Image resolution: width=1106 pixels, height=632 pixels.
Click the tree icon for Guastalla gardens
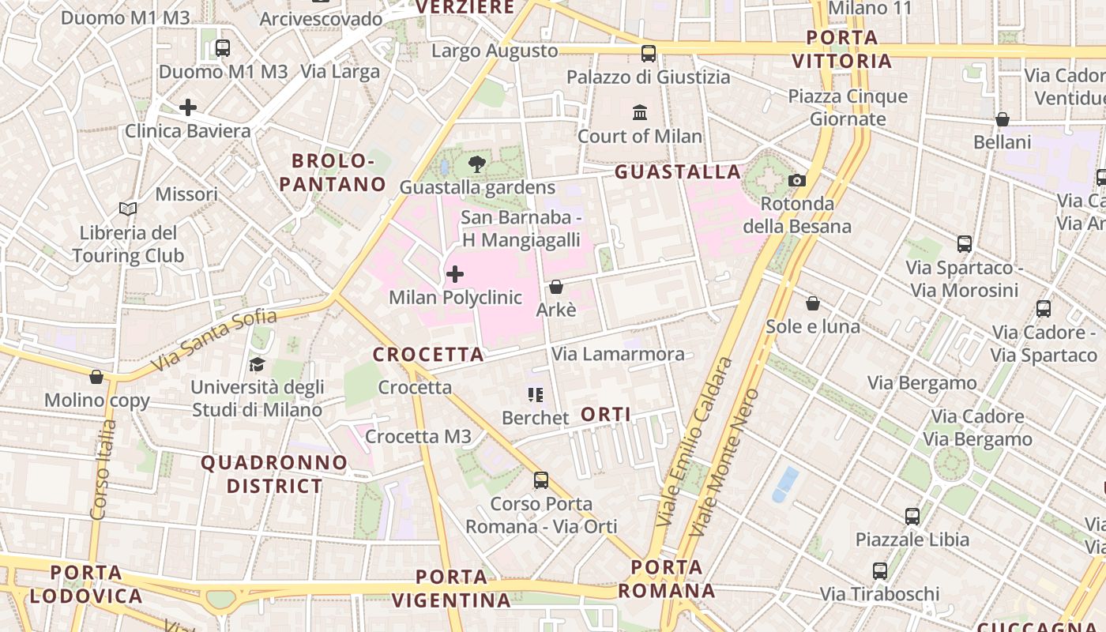click(476, 164)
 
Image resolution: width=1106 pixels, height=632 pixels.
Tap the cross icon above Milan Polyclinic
click(455, 274)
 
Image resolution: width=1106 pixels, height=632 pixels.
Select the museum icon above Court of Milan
click(640, 112)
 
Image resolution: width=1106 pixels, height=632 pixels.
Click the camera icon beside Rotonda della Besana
click(797, 180)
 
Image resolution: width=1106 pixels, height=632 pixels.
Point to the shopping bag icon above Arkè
click(556, 287)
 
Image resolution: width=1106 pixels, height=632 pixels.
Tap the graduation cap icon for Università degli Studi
click(257, 364)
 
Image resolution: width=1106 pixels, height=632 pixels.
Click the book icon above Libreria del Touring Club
click(128, 209)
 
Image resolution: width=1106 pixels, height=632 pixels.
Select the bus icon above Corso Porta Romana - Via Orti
click(541, 480)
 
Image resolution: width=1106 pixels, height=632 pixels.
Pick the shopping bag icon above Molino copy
click(96, 377)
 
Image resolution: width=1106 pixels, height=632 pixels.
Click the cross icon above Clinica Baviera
click(188, 107)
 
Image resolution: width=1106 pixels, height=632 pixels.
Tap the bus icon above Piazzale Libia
click(912, 517)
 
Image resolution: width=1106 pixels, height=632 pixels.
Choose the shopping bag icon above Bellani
click(1003, 119)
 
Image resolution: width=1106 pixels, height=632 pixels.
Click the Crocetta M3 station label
click(418, 436)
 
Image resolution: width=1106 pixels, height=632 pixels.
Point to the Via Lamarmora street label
click(618, 354)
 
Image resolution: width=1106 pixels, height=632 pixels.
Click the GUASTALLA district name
click(678, 171)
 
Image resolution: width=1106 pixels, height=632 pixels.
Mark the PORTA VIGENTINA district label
click(451, 589)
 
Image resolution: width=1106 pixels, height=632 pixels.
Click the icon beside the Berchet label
click(536, 394)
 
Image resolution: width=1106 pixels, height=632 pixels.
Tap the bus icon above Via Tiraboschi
click(880, 570)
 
